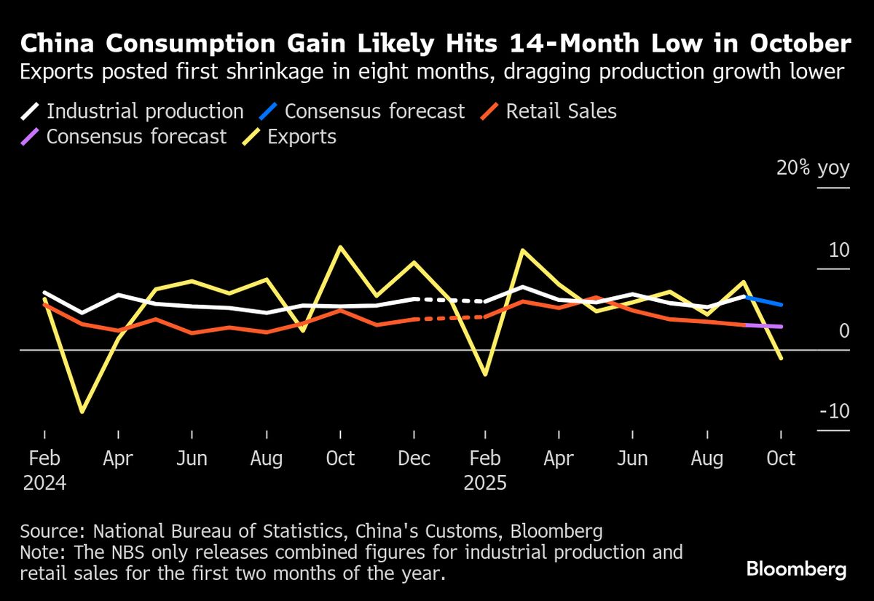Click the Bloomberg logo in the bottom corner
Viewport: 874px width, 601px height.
click(x=796, y=568)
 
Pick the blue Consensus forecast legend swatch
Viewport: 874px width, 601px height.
click(x=268, y=111)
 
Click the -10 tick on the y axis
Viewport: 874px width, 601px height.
click(x=835, y=411)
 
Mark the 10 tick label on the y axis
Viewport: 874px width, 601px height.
click(x=839, y=250)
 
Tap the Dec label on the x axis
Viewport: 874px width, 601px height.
click(x=414, y=458)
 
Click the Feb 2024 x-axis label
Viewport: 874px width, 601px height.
click(x=44, y=469)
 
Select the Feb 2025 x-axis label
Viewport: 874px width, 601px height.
click(x=485, y=469)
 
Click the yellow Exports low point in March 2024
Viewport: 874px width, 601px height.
click(x=82, y=412)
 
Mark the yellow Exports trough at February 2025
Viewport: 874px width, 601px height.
click(x=484, y=375)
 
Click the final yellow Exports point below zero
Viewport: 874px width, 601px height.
click(x=781, y=358)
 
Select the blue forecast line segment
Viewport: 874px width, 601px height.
click(x=763, y=300)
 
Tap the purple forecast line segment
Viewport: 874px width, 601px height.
click(x=763, y=326)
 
